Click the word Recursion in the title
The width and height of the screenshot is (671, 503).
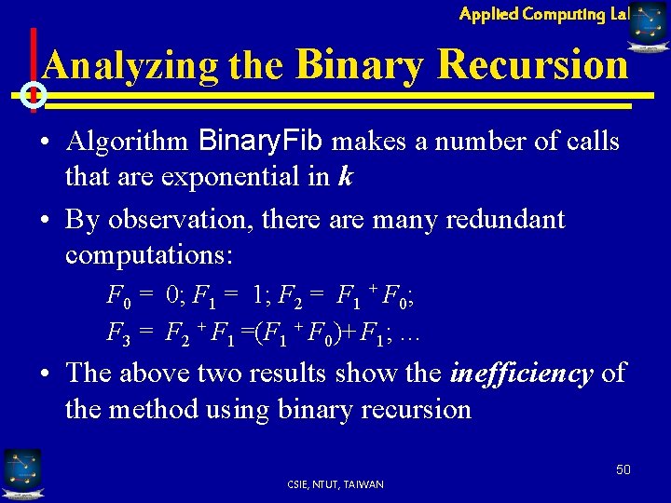click(532, 66)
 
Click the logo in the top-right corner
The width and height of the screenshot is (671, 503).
click(649, 26)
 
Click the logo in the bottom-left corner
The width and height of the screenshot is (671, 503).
click(21, 473)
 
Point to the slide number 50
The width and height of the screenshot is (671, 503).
click(623, 469)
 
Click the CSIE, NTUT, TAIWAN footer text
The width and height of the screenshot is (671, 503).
click(336, 483)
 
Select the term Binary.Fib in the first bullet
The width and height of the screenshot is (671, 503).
click(262, 142)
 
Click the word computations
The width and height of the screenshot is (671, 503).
click(148, 254)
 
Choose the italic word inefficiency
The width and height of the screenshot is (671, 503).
click(521, 374)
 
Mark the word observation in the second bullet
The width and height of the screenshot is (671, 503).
click(178, 219)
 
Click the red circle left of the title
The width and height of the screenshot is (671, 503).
click(34, 94)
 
